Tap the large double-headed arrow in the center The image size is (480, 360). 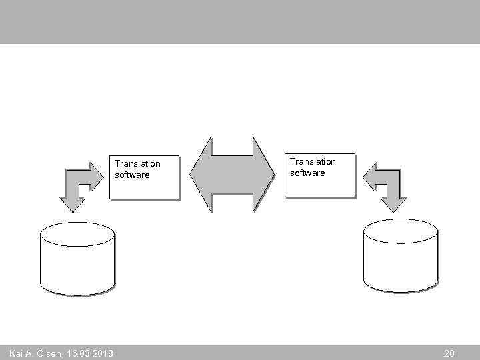(233, 175)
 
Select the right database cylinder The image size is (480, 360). (401, 257)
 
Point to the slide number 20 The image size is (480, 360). (449, 353)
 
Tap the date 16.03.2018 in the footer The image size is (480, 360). (89, 353)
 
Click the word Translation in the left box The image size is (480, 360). (137, 163)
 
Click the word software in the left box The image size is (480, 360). (132, 175)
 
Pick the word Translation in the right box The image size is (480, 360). (313, 161)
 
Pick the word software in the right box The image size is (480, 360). (308, 173)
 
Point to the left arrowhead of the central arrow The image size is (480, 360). (199, 175)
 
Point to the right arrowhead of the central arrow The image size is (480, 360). (267, 175)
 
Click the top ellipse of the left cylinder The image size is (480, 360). (77, 233)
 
